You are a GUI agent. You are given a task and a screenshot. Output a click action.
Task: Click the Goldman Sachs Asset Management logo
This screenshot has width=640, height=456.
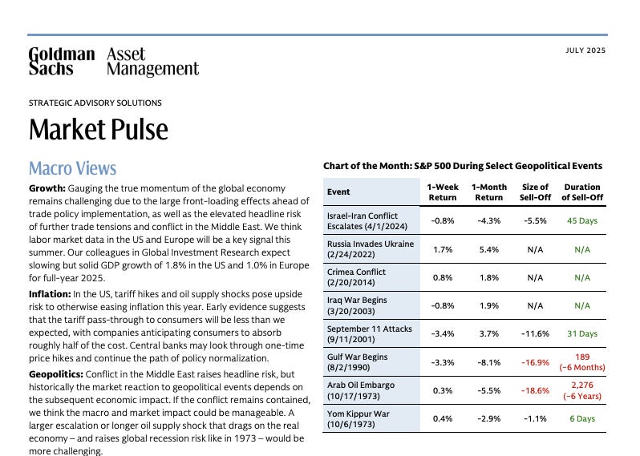113,62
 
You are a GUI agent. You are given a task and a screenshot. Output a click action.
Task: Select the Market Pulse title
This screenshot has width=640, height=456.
99,130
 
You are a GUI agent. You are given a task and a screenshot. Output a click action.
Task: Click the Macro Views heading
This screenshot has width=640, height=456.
72,168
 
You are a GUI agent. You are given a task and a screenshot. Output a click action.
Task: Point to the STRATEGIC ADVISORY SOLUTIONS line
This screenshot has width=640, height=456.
95,103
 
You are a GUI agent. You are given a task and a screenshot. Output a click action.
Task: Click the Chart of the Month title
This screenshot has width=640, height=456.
462,166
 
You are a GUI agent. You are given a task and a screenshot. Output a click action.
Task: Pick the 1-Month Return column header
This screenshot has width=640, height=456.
488,192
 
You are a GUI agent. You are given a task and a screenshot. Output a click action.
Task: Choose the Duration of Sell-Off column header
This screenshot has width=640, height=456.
581,192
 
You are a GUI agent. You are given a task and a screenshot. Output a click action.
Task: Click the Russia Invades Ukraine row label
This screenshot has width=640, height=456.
371,249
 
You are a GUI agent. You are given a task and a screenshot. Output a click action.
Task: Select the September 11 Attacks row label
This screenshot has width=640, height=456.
371,333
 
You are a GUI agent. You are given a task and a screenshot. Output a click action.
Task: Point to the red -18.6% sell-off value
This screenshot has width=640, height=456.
535,390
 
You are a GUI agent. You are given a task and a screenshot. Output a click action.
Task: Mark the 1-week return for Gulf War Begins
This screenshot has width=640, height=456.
444,361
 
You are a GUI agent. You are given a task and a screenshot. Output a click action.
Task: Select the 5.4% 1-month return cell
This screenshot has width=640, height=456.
488,249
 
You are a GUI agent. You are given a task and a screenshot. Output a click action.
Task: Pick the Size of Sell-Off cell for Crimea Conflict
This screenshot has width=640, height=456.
535,277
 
